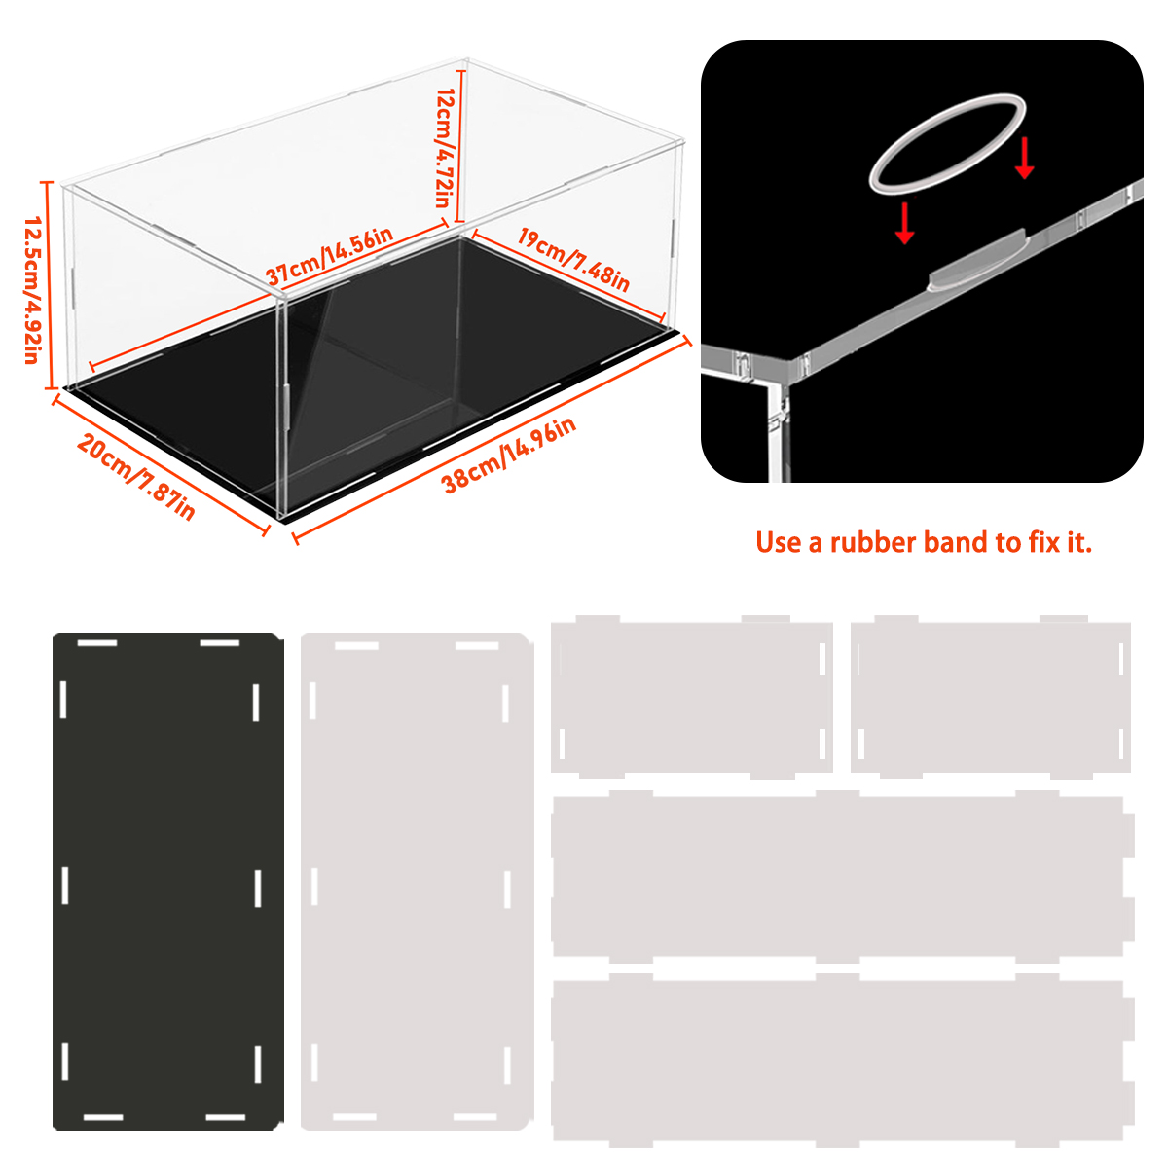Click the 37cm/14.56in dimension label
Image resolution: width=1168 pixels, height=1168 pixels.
point(330,256)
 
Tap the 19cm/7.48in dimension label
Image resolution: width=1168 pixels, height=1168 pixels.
point(573,260)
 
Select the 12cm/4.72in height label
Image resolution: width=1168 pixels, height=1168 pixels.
point(447,148)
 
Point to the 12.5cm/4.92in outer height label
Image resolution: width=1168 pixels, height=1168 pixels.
point(32,290)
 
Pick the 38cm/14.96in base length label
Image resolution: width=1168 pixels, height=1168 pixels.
point(509,455)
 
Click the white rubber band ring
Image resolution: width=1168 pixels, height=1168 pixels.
point(947,144)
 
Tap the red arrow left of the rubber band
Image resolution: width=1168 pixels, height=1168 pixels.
point(904,223)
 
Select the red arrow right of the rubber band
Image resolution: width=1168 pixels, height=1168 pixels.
point(1024,158)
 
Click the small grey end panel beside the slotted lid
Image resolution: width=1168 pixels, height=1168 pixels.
point(692,697)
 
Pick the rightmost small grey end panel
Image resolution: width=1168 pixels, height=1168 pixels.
point(991,697)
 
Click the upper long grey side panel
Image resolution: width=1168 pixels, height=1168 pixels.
point(843,876)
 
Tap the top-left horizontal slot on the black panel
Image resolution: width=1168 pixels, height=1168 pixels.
point(97,642)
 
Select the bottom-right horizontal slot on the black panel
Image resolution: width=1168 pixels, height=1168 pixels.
point(226,1117)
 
